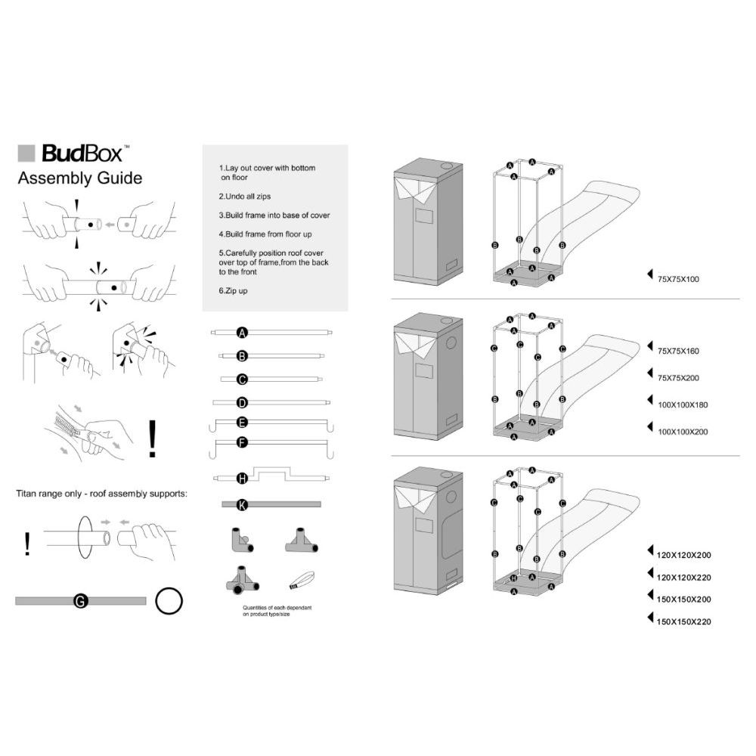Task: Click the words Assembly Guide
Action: (79, 179)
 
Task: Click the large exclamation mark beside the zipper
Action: (153, 439)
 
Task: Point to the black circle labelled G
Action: (79, 601)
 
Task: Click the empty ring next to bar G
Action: (169, 601)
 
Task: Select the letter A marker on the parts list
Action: (242, 333)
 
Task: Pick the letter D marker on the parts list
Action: (242, 402)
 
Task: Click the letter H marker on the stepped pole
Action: (242, 478)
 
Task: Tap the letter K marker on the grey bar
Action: (242, 503)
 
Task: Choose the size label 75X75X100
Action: (678, 280)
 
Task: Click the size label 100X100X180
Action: (683, 405)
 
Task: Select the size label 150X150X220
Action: (685, 622)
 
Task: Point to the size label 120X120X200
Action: (685, 555)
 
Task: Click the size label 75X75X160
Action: (678, 352)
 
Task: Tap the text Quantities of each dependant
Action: (277, 608)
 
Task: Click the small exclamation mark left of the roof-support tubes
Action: (28, 544)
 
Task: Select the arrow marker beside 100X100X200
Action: (650, 428)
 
